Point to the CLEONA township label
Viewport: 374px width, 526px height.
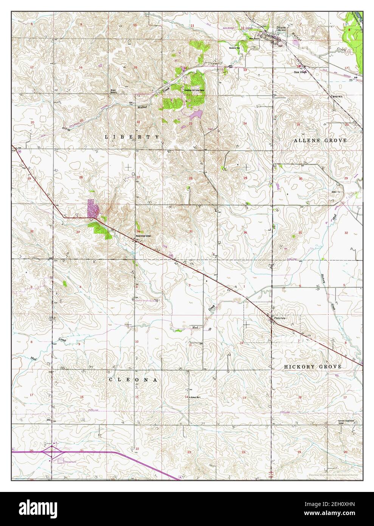tap(133, 379)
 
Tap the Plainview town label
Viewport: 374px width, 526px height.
tap(279, 318)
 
